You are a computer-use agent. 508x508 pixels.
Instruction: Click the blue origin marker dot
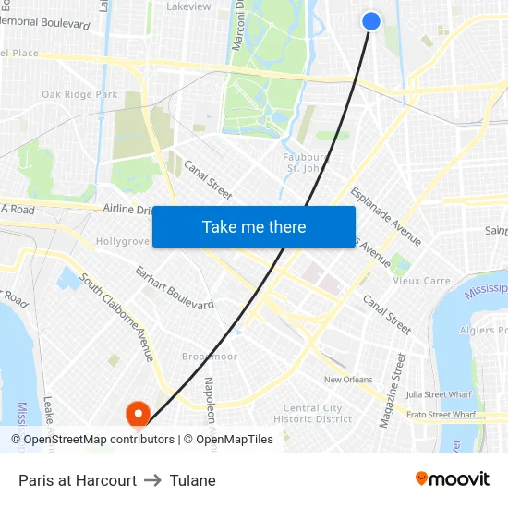(x=371, y=20)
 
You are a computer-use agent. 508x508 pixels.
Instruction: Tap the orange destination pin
(x=138, y=413)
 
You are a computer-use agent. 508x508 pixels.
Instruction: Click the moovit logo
(x=452, y=479)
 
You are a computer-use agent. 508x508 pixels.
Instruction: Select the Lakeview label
(x=188, y=6)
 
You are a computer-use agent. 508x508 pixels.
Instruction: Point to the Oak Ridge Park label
(x=79, y=94)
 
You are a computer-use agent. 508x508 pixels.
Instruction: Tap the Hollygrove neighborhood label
(x=123, y=241)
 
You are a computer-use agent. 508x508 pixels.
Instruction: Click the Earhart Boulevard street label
(x=174, y=287)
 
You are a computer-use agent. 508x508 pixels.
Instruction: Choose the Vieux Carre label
(x=422, y=281)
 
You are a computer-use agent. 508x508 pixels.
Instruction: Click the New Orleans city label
(x=347, y=380)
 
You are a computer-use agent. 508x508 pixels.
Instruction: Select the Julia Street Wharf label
(x=439, y=394)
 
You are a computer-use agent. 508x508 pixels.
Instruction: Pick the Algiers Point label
(x=484, y=330)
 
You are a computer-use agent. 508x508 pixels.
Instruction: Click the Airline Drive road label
(x=128, y=210)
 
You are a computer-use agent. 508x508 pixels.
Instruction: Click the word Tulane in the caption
(x=192, y=480)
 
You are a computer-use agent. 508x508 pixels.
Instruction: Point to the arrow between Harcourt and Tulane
(x=153, y=480)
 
